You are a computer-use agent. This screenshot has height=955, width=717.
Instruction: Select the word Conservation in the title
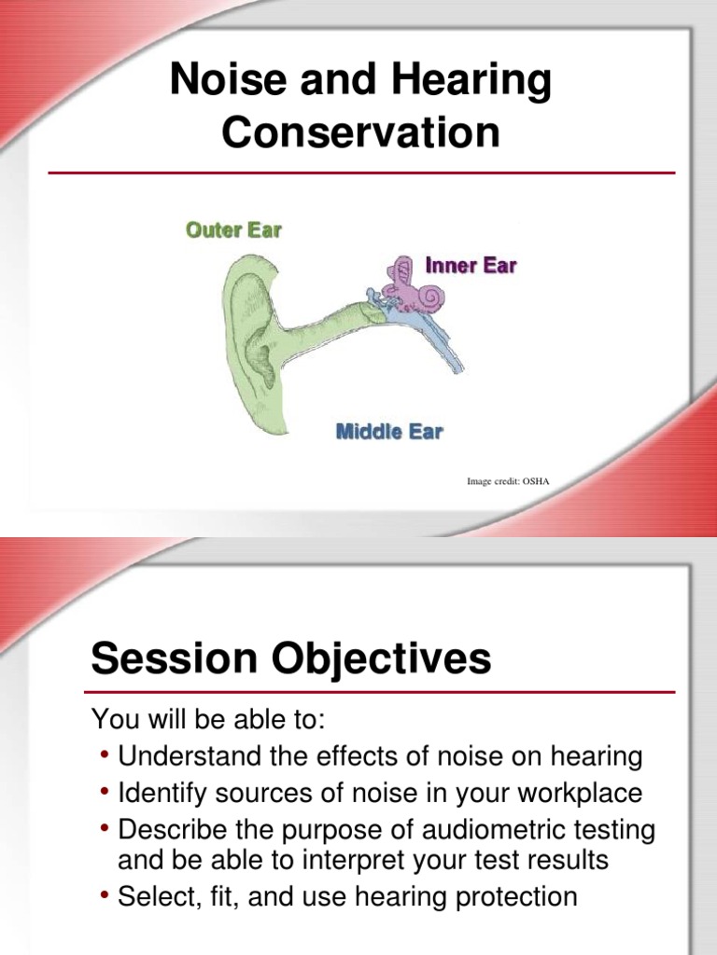[x=360, y=132]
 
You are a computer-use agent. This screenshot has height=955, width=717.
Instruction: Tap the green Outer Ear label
[x=233, y=229]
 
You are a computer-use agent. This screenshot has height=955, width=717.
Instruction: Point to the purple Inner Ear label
[x=471, y=266]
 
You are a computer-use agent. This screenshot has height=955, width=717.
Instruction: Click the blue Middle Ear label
[x=388, y=431]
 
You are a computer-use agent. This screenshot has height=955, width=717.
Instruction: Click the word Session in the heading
[x=173, y=659]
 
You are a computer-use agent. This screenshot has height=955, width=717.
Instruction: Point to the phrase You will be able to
[x=212, y=720]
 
